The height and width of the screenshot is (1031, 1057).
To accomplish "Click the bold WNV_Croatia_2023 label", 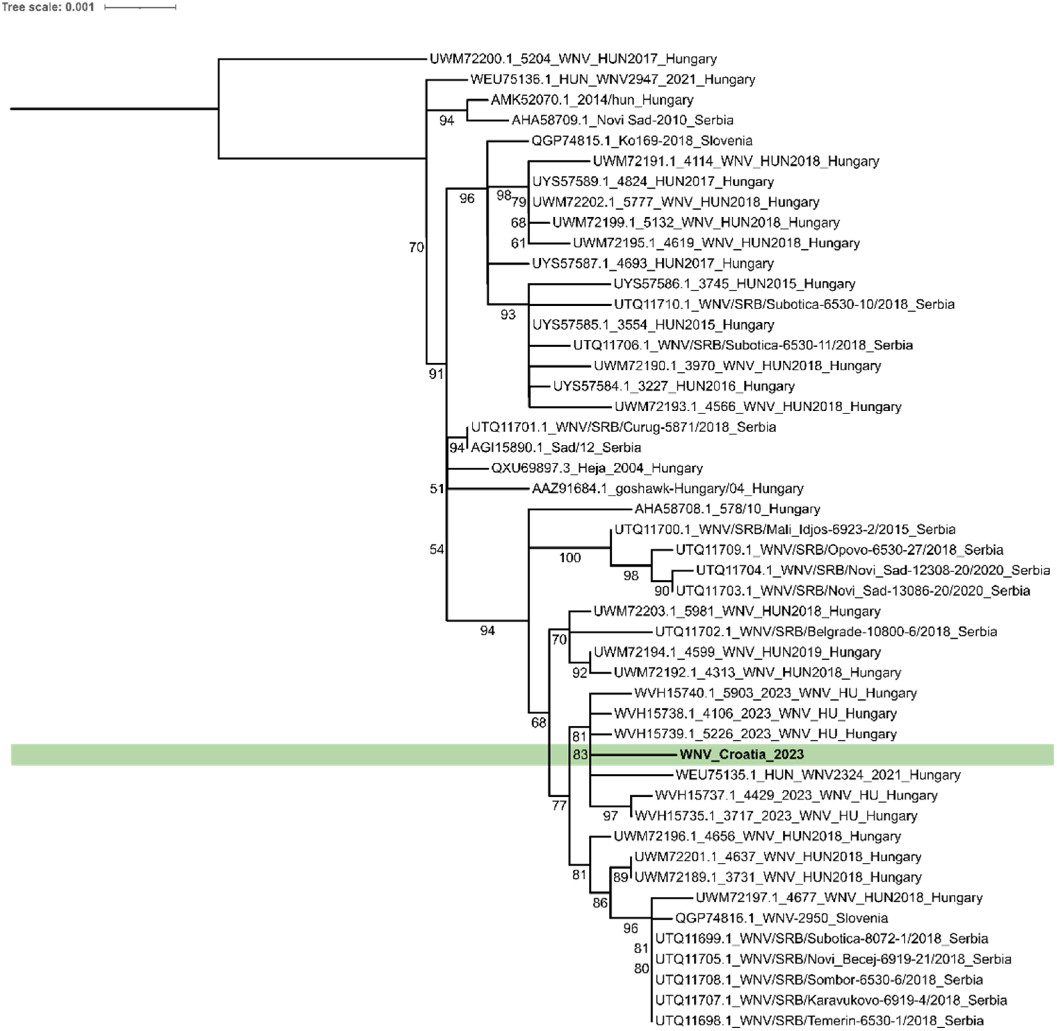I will [x=741, y=754].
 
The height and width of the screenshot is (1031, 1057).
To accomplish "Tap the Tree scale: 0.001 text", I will [x=48, y=7].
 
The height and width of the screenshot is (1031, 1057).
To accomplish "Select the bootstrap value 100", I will [x=570, y=558].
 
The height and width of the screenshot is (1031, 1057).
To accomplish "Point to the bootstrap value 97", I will [x=610, y=815].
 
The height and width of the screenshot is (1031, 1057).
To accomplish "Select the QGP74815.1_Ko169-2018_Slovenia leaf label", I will [x=642, y=141].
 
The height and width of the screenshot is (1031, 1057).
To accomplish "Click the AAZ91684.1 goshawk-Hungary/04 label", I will [x=668, y=489].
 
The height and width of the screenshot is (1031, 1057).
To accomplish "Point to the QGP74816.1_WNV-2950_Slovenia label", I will [x=781, y=918].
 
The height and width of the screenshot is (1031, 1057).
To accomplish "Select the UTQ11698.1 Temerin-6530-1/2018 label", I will [x=819, y=1021].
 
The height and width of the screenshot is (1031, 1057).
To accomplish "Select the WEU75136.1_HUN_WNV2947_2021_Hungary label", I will [x=612, y=80].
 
